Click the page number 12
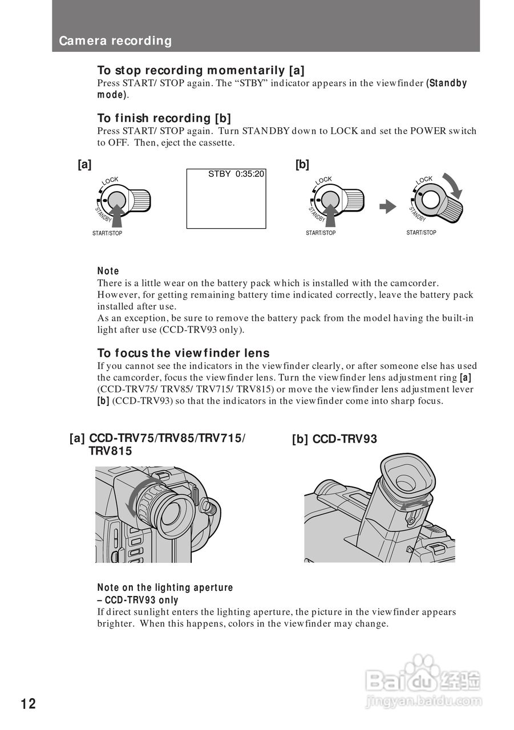[x=29, y=704]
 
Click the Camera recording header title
[x=115, y=41]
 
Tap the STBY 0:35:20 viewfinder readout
[x=236, y=174]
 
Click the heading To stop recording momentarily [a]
[x=201, y=70]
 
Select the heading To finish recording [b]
[x=164, y=118]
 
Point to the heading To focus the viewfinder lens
[x=183, y=353]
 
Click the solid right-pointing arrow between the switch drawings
[x=388, y=206]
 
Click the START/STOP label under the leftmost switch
[x=107, y=233]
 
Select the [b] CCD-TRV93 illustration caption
[x=334, y=439]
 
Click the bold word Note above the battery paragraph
[x=108, y=271]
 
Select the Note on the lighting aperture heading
[x=165, y=587]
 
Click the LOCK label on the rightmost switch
[x=424, y=180]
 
